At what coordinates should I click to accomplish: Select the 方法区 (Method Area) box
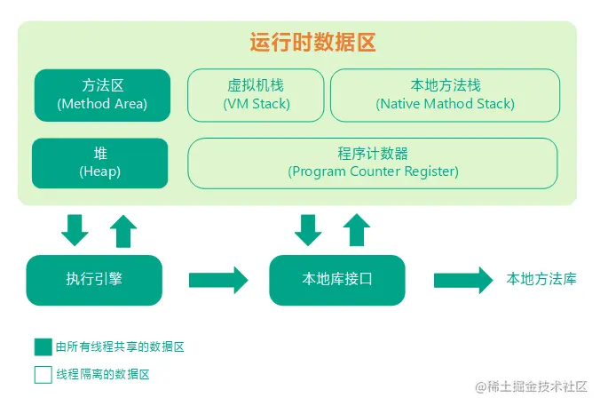[101, 95]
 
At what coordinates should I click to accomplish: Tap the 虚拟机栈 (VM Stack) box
[256, 95]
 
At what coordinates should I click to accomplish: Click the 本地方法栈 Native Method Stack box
[445, 95]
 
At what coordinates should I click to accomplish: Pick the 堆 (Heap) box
[99, 163]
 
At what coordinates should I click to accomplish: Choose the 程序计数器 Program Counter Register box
[373, 163]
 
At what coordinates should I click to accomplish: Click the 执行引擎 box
[94, 280]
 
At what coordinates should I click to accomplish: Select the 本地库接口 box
[336, 280]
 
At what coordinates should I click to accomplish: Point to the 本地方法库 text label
[541, 279]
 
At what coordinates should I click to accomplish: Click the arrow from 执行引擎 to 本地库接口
[218, 280]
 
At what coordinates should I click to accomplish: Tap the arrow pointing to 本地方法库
[462, 280]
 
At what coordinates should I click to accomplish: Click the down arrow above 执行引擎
[75, 230]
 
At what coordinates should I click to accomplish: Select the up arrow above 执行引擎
[123, 230]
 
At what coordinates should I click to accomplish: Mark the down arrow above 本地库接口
[308, 230]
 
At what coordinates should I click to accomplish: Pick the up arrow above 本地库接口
[357, 230]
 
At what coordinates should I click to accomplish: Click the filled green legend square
[43, 346]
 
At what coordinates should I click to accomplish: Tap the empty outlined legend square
[43, 374]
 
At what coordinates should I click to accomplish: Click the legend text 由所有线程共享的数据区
[120, 346]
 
